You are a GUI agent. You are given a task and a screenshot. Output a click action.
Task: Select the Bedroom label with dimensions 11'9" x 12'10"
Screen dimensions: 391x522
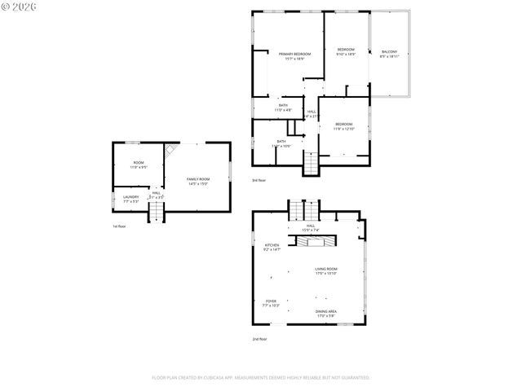343,126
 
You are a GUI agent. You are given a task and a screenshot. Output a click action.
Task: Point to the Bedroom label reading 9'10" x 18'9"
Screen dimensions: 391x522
346,51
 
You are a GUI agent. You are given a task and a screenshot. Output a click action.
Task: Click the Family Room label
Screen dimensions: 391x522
197,181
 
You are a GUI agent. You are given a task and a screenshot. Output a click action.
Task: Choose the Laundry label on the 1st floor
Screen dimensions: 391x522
130,198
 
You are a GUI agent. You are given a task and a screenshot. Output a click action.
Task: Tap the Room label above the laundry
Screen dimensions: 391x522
139,165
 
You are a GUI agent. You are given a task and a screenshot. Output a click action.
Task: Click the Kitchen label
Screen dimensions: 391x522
272,247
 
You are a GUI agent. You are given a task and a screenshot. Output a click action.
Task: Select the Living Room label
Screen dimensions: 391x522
326,271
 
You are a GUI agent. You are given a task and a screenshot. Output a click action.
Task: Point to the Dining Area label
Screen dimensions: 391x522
326,313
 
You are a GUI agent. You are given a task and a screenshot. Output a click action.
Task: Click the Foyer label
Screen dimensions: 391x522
271,303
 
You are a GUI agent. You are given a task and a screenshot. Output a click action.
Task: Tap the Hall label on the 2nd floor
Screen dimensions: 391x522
310,227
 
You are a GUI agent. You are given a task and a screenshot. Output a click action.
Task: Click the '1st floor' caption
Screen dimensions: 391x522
118,226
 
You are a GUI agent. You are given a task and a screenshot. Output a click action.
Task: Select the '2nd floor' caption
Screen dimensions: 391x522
259,339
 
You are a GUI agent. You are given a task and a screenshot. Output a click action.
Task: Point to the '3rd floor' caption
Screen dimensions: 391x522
259,180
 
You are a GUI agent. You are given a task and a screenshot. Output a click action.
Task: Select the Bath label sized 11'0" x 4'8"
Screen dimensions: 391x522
283,107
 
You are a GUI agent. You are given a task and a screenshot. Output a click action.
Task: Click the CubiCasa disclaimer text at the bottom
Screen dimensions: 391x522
261,378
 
